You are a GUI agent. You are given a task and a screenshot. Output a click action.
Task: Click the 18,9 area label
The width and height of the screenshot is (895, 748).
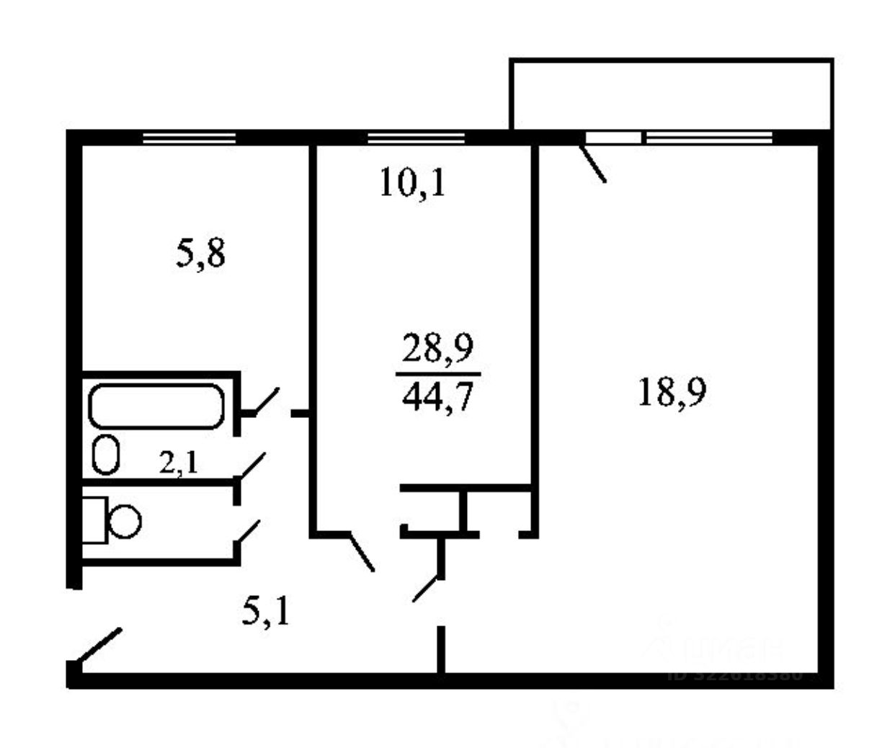click(x=672, y=393)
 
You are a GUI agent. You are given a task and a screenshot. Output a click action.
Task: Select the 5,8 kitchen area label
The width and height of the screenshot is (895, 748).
click(x=200, y=254)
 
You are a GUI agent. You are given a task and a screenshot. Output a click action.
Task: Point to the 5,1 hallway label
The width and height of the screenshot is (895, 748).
click(x=266, y=613)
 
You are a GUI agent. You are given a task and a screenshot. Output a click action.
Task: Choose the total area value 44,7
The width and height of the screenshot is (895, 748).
click(x=438, y=396)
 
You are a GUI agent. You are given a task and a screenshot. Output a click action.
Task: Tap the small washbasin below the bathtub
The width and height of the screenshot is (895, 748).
click(x=106, y=454)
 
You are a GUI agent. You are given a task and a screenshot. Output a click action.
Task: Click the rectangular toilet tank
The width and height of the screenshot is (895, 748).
click(x=94, y=520)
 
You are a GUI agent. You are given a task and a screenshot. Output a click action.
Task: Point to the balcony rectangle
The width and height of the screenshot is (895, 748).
click(x=671, y=94)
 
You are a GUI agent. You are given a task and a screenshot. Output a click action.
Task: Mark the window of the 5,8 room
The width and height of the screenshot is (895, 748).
click(x=190, y=138)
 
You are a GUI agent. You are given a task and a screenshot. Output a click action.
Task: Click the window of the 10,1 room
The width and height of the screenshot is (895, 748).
click(x=416, y=138)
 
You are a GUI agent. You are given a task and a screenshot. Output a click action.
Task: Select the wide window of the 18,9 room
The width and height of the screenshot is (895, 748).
click(x=708, y=138)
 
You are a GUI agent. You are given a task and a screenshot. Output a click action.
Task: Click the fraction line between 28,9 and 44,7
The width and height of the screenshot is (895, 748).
click(x=438, y=374)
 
